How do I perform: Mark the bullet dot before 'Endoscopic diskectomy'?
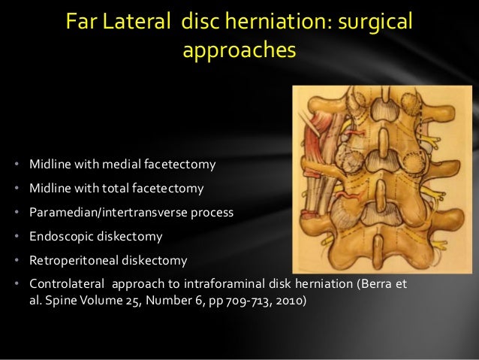tap(17, 237)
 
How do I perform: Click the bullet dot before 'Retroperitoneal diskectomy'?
tap(17, 261)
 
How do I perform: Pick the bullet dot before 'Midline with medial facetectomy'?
tap(17, 165)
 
